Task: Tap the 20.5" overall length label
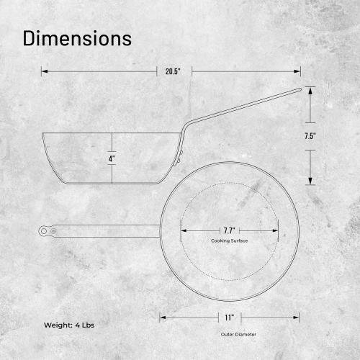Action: pos(173,71)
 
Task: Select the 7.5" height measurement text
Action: pos(310,135)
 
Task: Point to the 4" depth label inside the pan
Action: pos(112,158)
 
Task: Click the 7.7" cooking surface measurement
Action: pos(230,230)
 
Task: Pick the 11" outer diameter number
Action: pos(228,317)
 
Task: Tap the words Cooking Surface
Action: pos(230,240)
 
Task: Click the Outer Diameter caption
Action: pos(238,334)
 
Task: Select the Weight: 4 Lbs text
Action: pos(68,325)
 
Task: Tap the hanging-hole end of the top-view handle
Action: pos(44,230)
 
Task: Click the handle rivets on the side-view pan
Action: pos(181,153)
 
